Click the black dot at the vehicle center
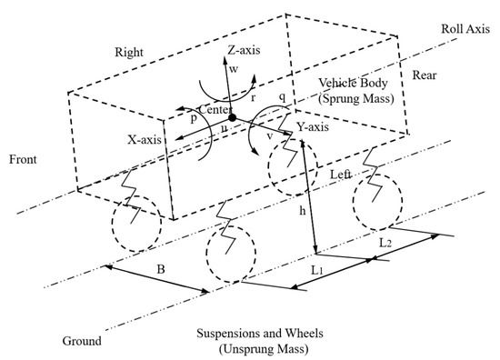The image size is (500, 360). click(x=233, y=118)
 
